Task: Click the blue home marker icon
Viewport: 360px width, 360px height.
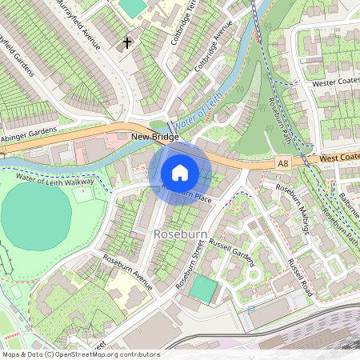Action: click(180, 173)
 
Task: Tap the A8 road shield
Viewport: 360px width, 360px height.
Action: click(282, 163)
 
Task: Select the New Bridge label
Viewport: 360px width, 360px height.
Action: click(154, 138)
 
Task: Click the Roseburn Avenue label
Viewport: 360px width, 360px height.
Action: click(127, 271)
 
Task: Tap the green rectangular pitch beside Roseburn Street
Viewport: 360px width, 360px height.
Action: click(205, 289)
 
